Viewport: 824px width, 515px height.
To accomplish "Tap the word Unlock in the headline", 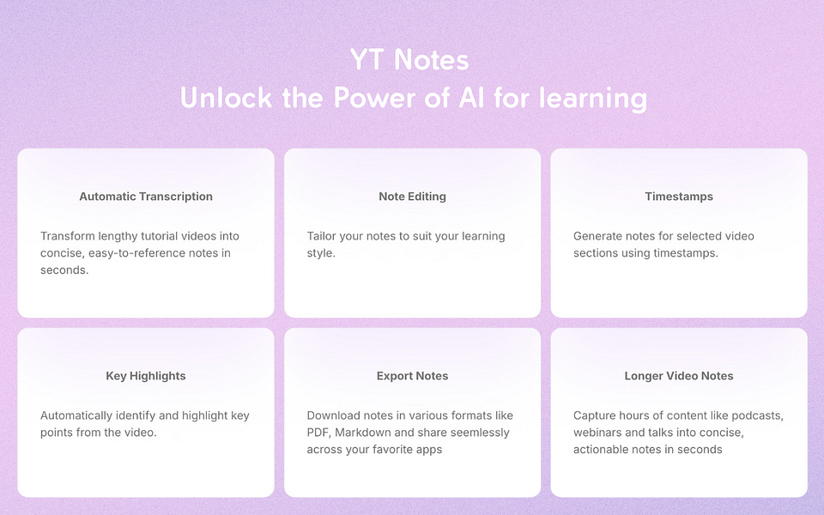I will (x=225, y=98).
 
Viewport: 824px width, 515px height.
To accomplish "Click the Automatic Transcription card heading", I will (x=146, y=197).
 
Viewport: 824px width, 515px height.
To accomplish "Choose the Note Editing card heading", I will (x=412, y=197).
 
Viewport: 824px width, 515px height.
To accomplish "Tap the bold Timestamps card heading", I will (x=679, y=197).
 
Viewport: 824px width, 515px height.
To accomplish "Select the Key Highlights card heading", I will (x=146, y=376).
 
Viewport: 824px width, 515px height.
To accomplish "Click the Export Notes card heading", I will (x=412, y=376).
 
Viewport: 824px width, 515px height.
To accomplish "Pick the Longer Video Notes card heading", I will (x=679, y=376).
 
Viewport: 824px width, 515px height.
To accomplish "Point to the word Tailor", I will (x=324, y=236).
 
